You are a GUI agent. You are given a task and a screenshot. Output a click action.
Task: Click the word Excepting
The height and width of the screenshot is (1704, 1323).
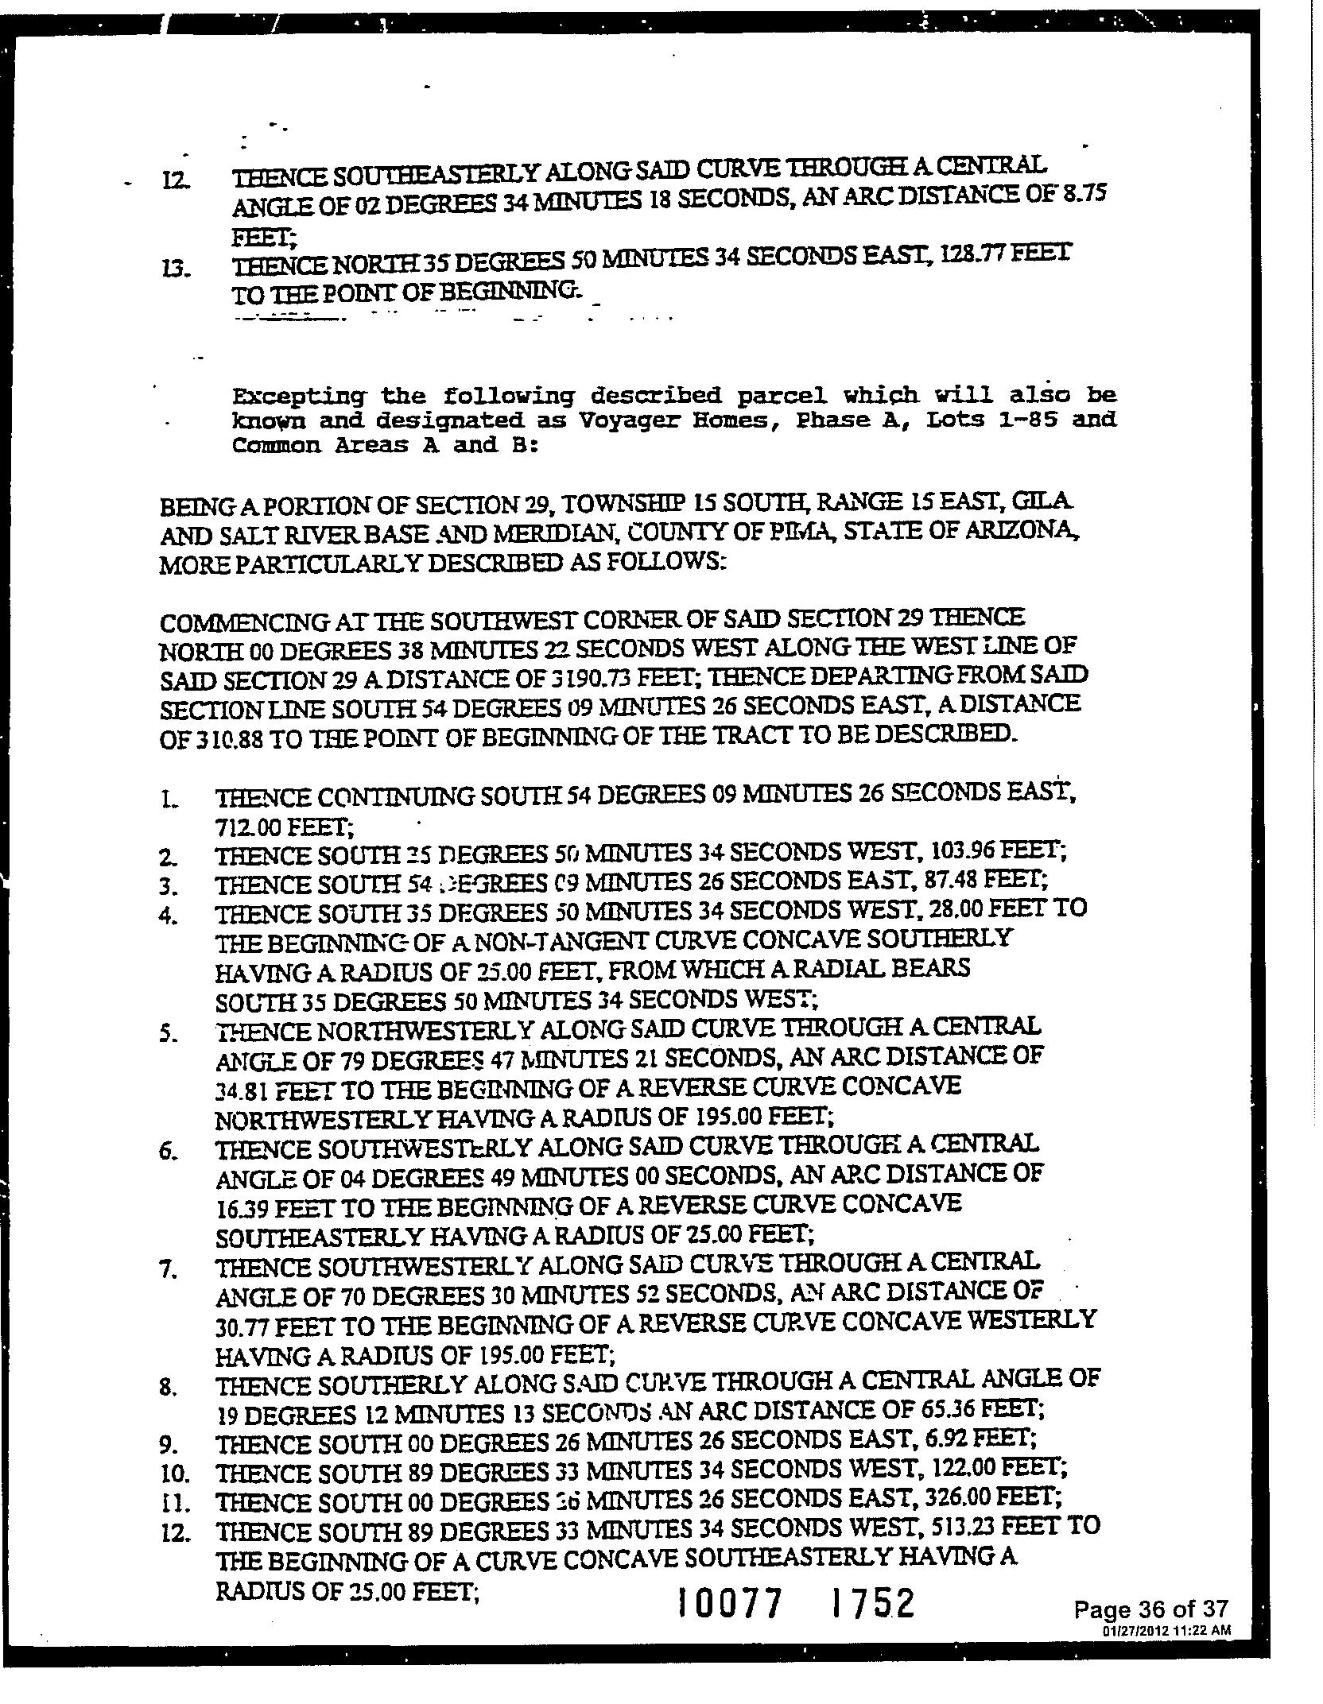point(298,396)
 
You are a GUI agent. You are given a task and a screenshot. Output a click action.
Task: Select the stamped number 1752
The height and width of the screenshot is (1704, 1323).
point(872,1603)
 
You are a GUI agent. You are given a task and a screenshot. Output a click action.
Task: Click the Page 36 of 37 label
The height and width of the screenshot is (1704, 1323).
point(1150,1610)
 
